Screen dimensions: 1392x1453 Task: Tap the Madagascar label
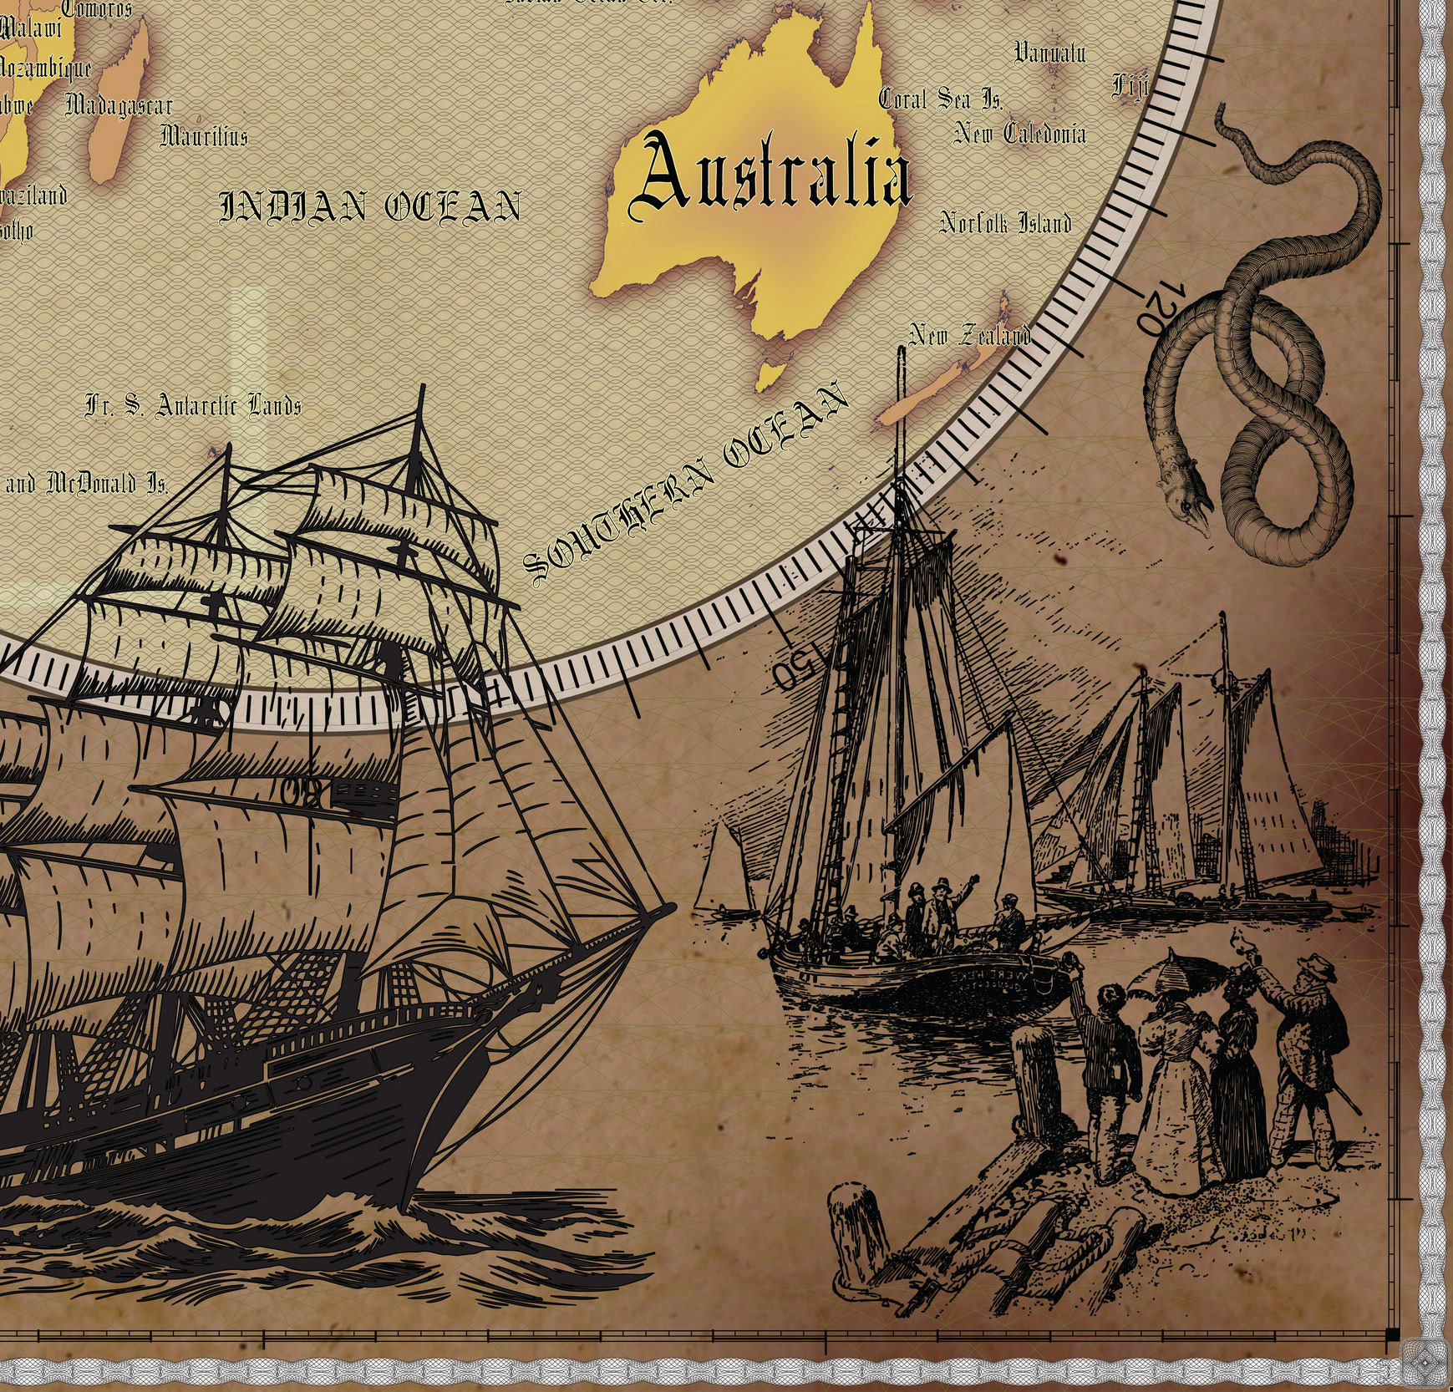click(x=119, y=105)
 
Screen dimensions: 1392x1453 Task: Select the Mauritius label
click(x=204, y=135)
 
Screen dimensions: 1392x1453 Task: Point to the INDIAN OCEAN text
click(x=370, y=207)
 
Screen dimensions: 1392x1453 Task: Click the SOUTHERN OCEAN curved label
click(x=685, y=485)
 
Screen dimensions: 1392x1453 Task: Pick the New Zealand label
click(x=969, y=335)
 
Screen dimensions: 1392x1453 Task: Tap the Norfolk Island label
click(x=1005, y=223)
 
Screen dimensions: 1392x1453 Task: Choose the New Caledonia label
click(x=1020, y=134)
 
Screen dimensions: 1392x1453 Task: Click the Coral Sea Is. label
click(x=940, y=99)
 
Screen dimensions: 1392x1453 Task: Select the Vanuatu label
click(x=1049, y=53)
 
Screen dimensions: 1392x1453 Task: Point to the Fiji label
click(x=1130, y=85)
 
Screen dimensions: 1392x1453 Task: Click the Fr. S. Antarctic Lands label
click(x=193, y=406)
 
